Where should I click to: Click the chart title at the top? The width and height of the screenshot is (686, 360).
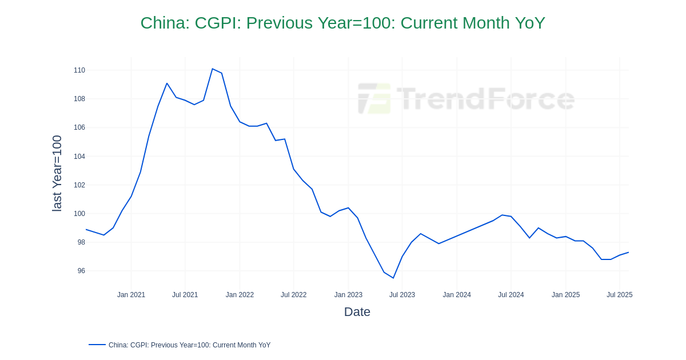342,23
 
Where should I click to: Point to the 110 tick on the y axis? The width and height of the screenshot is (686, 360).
79,70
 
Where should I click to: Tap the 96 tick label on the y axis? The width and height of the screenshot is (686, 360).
81,271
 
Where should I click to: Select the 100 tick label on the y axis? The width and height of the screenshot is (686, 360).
79,214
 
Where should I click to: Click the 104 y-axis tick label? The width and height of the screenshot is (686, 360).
79,157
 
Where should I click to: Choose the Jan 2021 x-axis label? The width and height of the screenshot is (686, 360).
131,295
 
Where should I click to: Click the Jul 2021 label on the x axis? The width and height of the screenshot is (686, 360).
185,295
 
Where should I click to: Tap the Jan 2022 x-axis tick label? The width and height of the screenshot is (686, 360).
240,295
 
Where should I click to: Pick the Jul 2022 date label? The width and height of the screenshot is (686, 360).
293,295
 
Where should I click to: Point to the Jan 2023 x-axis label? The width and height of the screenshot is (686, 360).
348,295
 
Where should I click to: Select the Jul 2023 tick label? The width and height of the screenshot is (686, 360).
402,295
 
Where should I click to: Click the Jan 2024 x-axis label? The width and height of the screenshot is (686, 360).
457,295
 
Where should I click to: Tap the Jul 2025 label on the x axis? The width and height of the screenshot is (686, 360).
619,295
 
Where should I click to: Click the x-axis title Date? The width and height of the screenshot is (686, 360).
357,312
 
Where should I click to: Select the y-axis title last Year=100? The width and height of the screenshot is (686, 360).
57,173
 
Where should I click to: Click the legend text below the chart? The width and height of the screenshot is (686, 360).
189,345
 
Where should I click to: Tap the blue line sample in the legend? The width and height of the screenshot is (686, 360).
97,345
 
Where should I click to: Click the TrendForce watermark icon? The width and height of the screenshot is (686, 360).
374,98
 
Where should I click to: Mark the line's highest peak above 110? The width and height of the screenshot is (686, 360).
212,69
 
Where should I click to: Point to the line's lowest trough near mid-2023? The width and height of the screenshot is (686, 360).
393,278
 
